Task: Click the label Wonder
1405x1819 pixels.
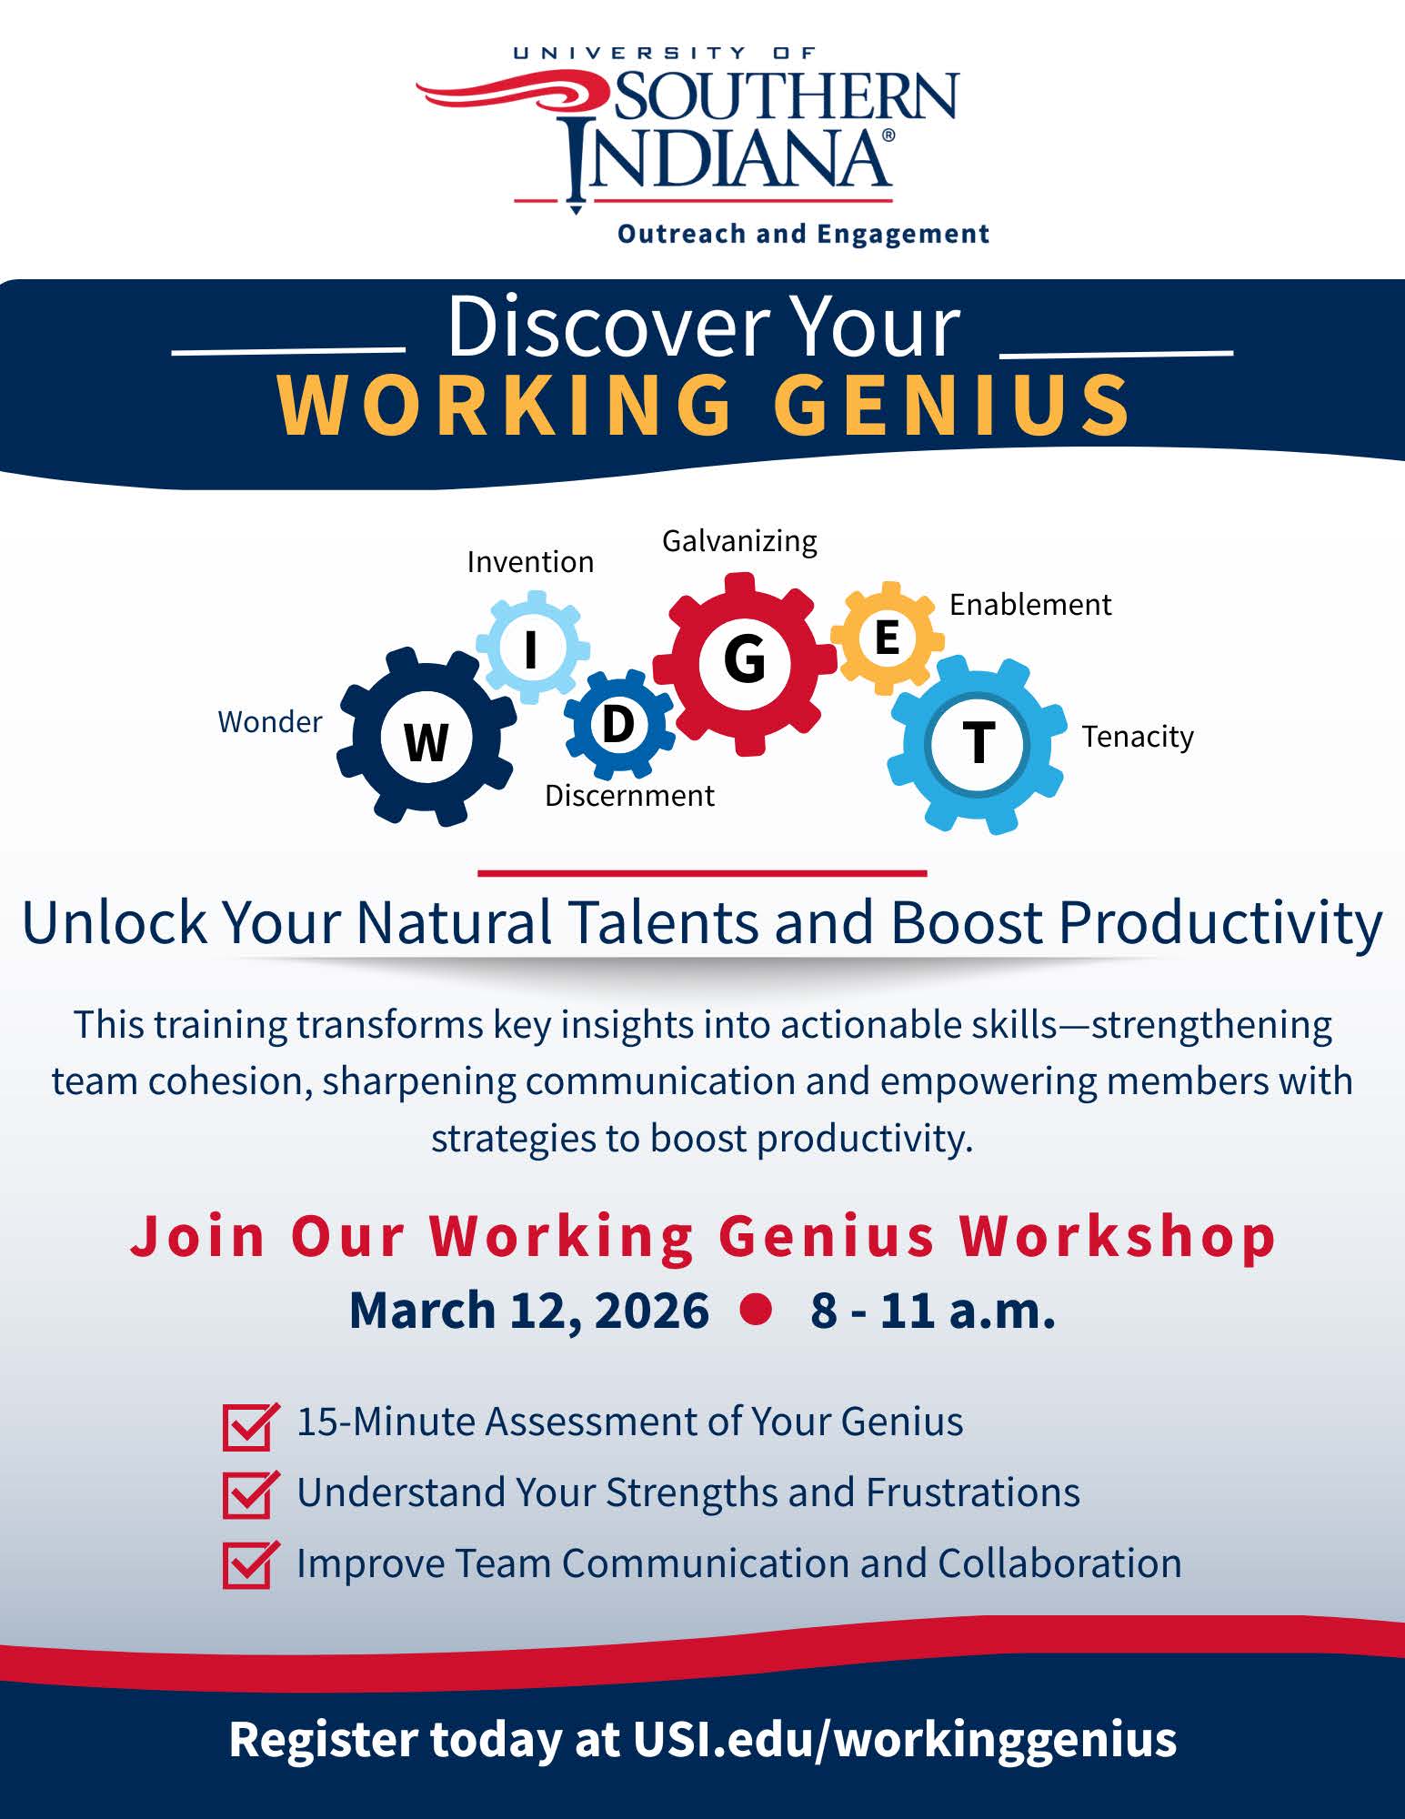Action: (270, 722)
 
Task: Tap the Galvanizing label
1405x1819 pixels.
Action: (739, 541)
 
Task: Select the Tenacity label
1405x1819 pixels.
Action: (1138, 737)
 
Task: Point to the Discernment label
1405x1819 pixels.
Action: (629, 796)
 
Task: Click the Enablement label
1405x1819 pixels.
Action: (1030, 605)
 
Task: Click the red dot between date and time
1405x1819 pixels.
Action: (756, 1309)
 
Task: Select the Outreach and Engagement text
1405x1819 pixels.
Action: (803, 235)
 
